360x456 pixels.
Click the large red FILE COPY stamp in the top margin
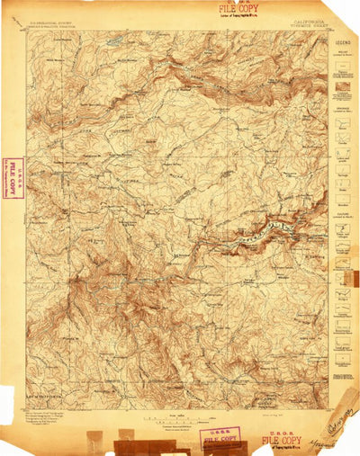236,8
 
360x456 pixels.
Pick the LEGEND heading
343,42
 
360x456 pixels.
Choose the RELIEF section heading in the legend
343,53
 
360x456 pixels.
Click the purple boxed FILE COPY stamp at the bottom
220,439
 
